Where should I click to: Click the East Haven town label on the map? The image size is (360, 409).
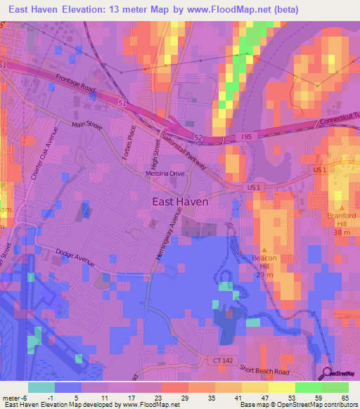(x=181, y=201)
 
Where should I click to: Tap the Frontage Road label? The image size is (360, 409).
(x=77, y=86)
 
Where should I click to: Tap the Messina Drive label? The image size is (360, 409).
(x=165, y=173)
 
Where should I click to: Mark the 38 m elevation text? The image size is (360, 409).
(x=342, y=232)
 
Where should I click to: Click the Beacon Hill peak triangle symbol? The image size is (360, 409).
(x=264, y=249)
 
